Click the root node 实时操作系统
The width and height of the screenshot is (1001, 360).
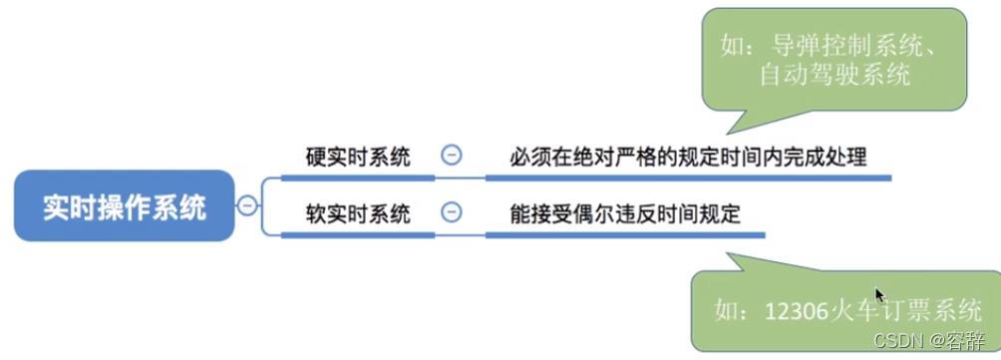(125, 207)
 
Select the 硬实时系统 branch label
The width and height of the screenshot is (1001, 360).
(358, 157)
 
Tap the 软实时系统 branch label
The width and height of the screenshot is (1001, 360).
(358, 213)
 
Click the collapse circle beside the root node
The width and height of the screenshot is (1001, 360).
(247, 207)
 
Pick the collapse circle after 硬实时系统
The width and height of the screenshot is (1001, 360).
(452, 156)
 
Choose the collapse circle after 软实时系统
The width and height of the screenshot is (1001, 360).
(452, 212)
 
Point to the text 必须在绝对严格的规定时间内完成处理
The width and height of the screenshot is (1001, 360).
(688, 157)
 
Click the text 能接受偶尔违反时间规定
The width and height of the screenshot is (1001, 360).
(624, 213)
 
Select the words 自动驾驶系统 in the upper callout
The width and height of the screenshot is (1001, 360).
(835, 74)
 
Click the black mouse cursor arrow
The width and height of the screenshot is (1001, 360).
(880, 295)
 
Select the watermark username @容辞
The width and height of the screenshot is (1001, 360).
(958, 340)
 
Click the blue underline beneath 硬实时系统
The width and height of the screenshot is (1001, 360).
(358, 178)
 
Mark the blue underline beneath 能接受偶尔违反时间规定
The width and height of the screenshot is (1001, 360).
(624, 235)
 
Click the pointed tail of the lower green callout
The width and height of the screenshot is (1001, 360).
(734, 257)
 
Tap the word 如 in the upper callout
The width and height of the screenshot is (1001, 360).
(731, 44)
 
